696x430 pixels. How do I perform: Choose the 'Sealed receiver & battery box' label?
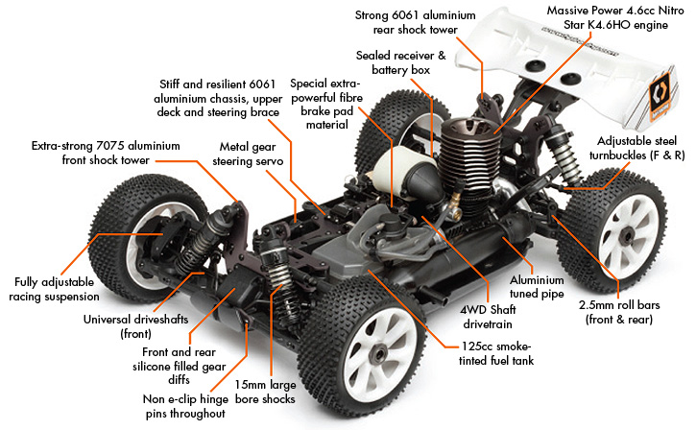[x=400, y=62]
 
